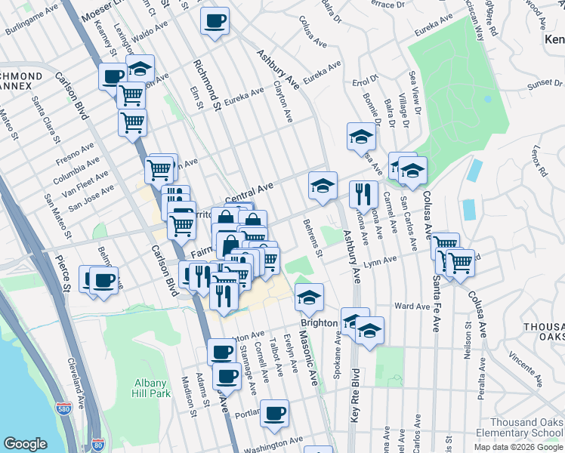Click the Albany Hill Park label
(150, 388)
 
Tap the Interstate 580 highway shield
(63, 409)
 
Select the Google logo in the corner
(25, 444)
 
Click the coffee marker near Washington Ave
(274, 412)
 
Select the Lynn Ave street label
(380, 261)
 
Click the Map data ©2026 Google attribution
(517, 447)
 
